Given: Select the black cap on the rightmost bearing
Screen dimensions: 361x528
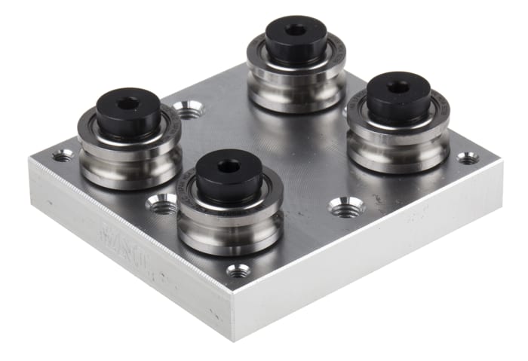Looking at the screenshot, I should (x=398, y=96).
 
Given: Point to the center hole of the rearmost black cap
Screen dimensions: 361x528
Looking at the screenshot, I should (x=296, y=29).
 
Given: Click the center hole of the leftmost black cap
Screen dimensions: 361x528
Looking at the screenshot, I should (x=128, y=102).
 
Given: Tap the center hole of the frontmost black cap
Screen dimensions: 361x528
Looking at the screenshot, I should (x=229, y=164).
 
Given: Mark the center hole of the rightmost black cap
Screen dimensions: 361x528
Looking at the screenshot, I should (x=399, y=87).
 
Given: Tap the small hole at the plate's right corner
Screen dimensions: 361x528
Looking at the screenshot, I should (x=468, y=158).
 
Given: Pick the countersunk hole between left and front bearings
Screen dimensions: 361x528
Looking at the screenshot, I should (x=161, y=203).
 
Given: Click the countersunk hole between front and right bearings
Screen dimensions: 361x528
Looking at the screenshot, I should (x=346, y=207).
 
